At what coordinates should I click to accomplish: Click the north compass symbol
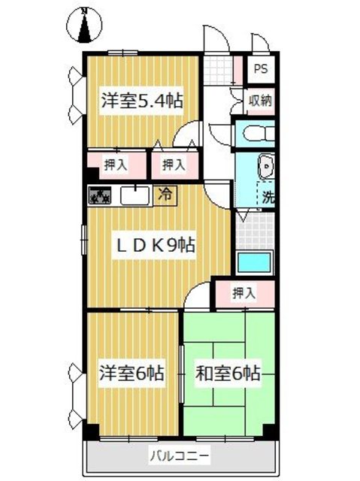(86, 26)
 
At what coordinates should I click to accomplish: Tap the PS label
(261, 68)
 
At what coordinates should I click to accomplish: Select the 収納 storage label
(260, 99)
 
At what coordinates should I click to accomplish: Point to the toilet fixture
(255, 134)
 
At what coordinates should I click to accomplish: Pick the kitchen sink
(133, 195)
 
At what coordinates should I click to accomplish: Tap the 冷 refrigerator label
(164, 194)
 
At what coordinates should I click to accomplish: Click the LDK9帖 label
(155, 244)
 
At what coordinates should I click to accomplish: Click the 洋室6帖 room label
(132, 373)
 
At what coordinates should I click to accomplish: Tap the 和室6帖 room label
(228, 373)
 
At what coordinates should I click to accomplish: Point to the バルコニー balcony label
(180, 455)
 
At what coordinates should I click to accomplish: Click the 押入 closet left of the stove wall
(109, 163)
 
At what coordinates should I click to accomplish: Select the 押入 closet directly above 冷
(174, 163)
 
